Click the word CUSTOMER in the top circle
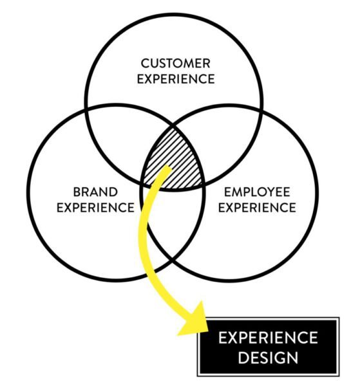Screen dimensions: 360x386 click(x=175, y=63)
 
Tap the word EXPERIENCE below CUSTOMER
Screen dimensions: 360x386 click(x=176, y=78)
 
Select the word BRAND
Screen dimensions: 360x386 click(x=95, y=192)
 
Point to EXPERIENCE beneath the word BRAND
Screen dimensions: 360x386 click(x=95, y=207)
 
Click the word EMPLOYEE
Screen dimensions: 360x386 click(x=257, y=192)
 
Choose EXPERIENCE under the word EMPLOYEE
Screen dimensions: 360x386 click(x=257, y=207)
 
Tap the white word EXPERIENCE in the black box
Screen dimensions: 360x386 click(x=268, y=338)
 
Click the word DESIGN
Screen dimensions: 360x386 click(x=268, y=358)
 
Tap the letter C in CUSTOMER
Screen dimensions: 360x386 click(x=146, y=63)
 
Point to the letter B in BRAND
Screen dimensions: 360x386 click(x=77, y=192)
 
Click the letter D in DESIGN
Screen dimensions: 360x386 click(x=243, y=358)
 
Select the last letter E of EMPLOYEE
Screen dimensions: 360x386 click(x=287, y=192)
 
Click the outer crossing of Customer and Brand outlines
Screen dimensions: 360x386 click(x=86, y=109)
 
